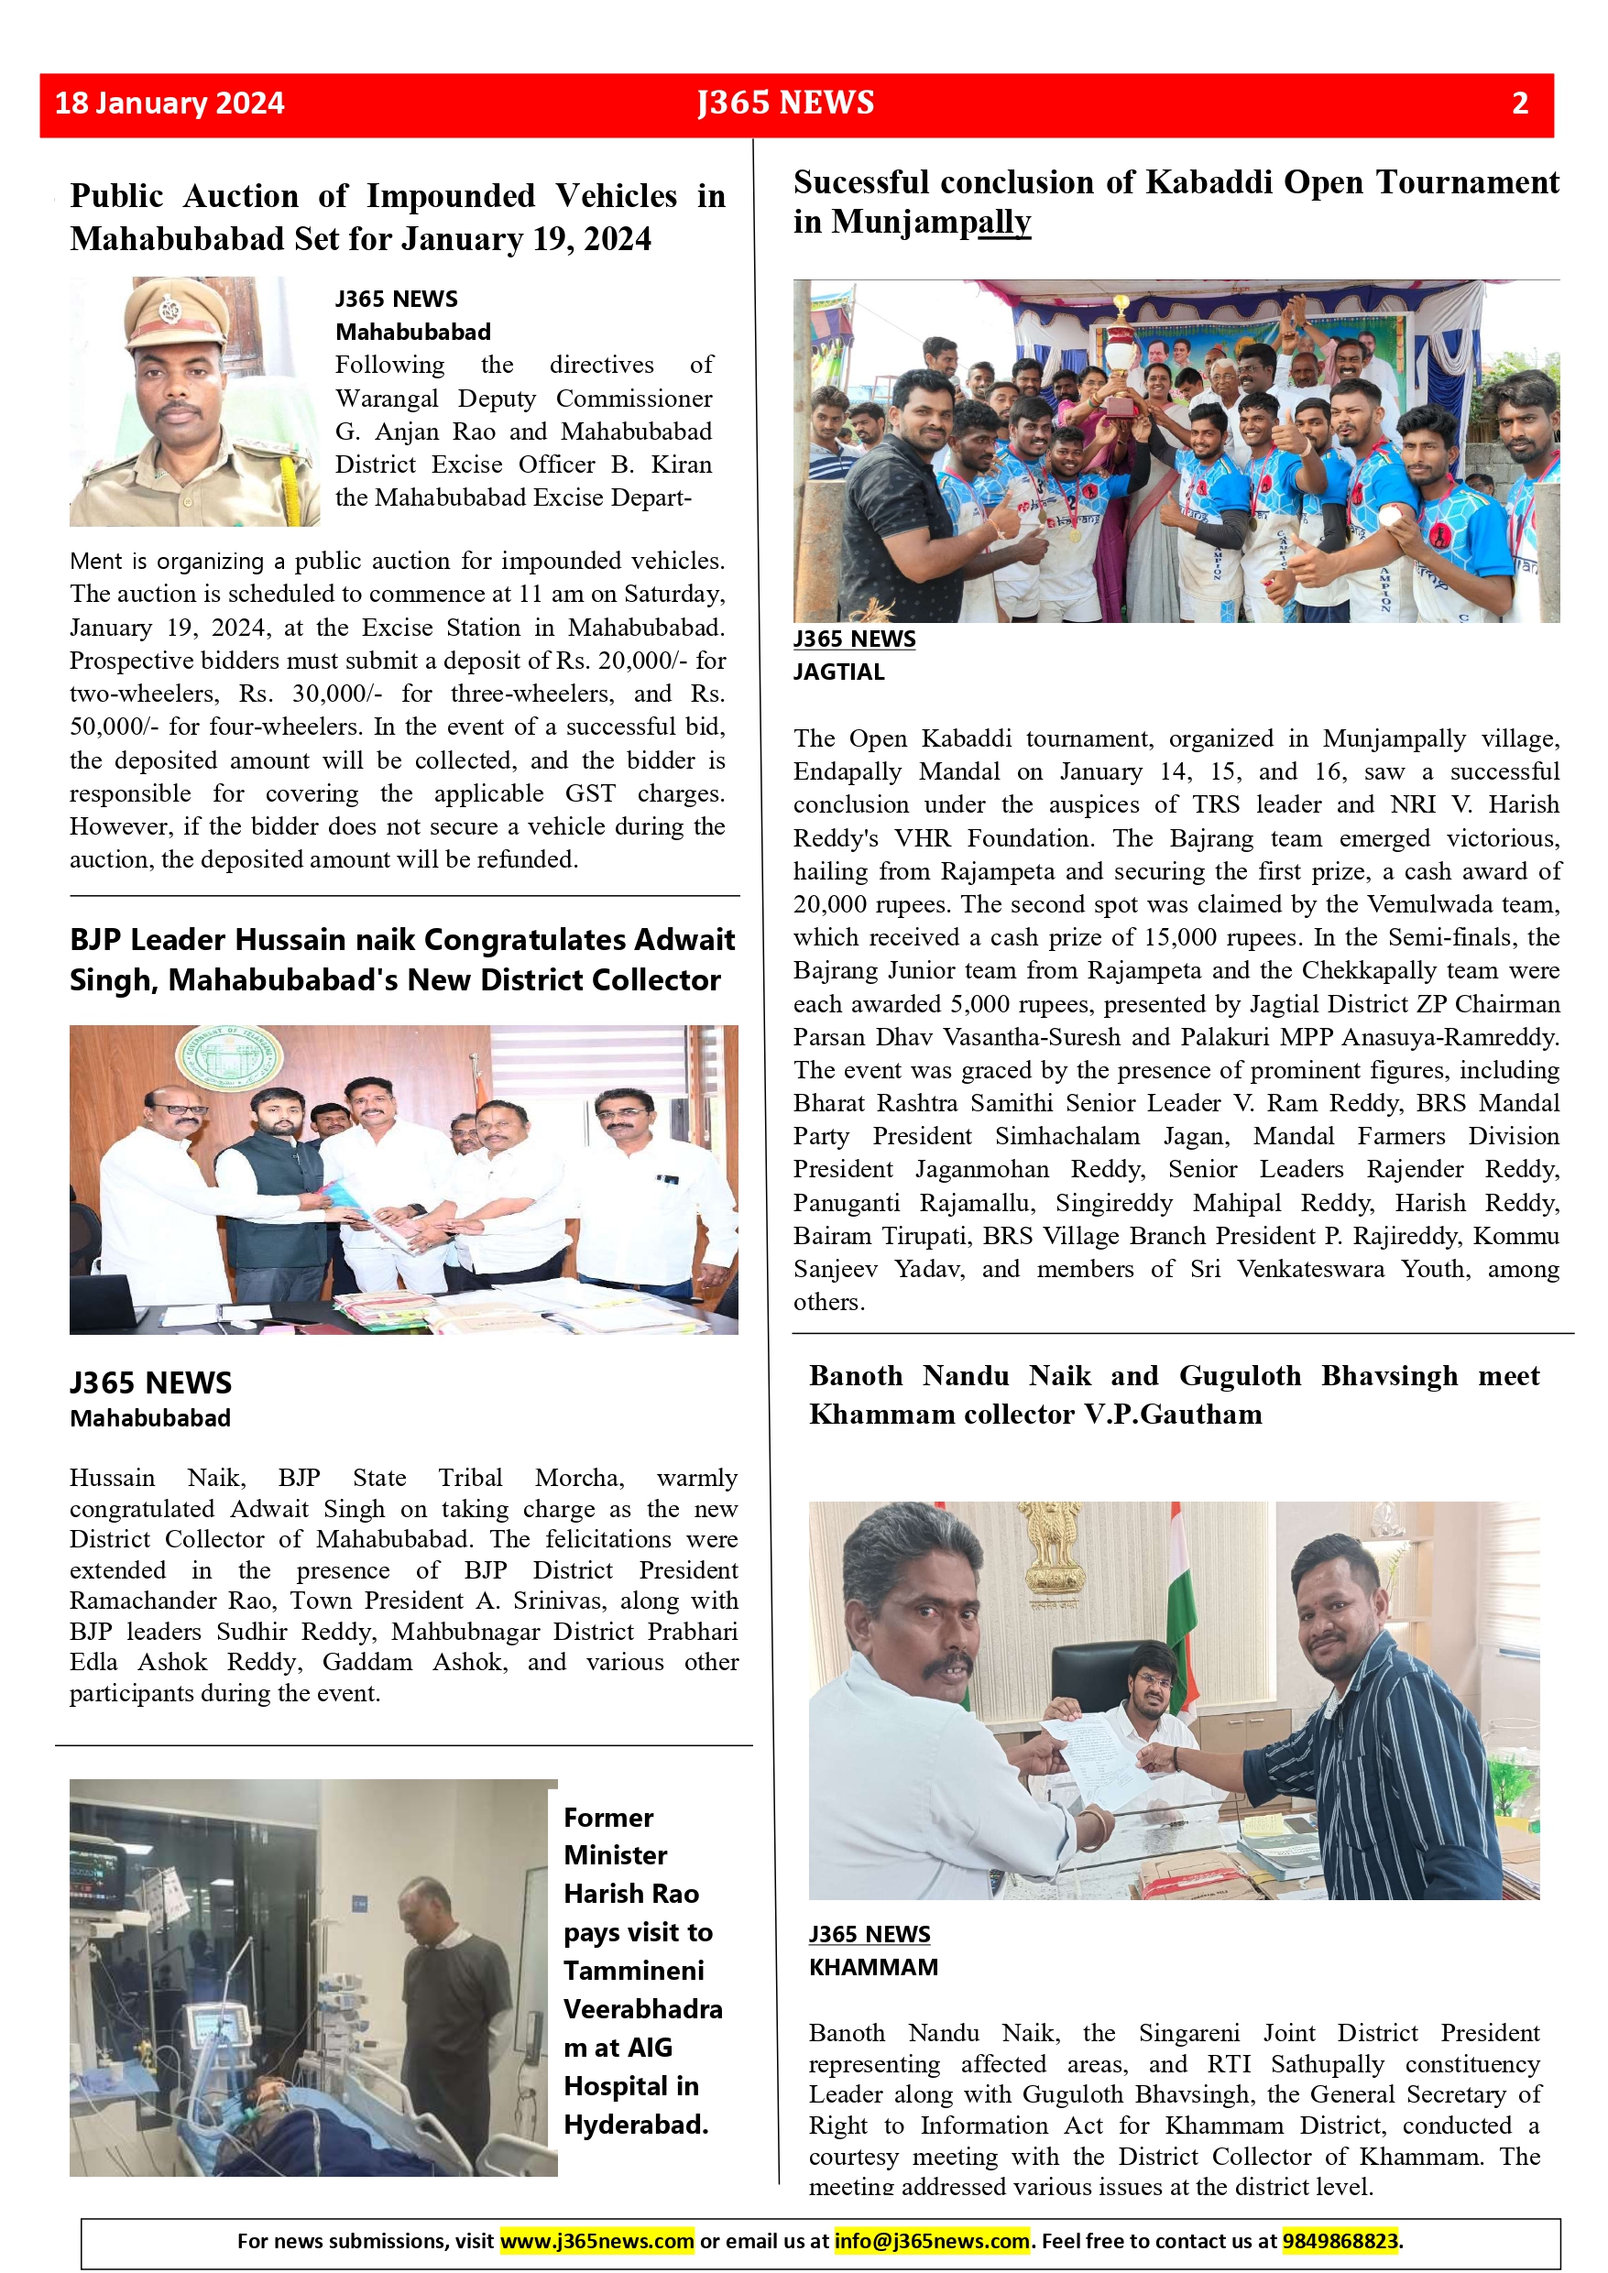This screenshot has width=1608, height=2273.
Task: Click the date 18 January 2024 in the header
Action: pos(170,103)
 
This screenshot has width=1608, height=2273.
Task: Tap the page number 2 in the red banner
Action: pos(1520,103)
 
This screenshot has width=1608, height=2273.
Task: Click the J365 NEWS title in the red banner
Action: pos(785,103)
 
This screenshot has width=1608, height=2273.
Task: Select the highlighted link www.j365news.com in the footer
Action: pos(597,2240)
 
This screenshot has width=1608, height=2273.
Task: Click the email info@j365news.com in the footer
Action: pos(932,2240)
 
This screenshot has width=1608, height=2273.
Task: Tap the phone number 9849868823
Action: pos(1340,2240)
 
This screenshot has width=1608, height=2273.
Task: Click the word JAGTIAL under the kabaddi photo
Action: pos(838,672)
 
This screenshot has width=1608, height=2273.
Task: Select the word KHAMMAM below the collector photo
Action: pos(873,1967)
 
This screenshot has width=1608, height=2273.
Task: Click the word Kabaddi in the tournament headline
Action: pos(1208,183)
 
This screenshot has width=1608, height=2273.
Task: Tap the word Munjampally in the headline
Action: pos(931,223)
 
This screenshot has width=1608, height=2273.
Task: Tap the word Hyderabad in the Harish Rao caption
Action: pos(636,2125)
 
